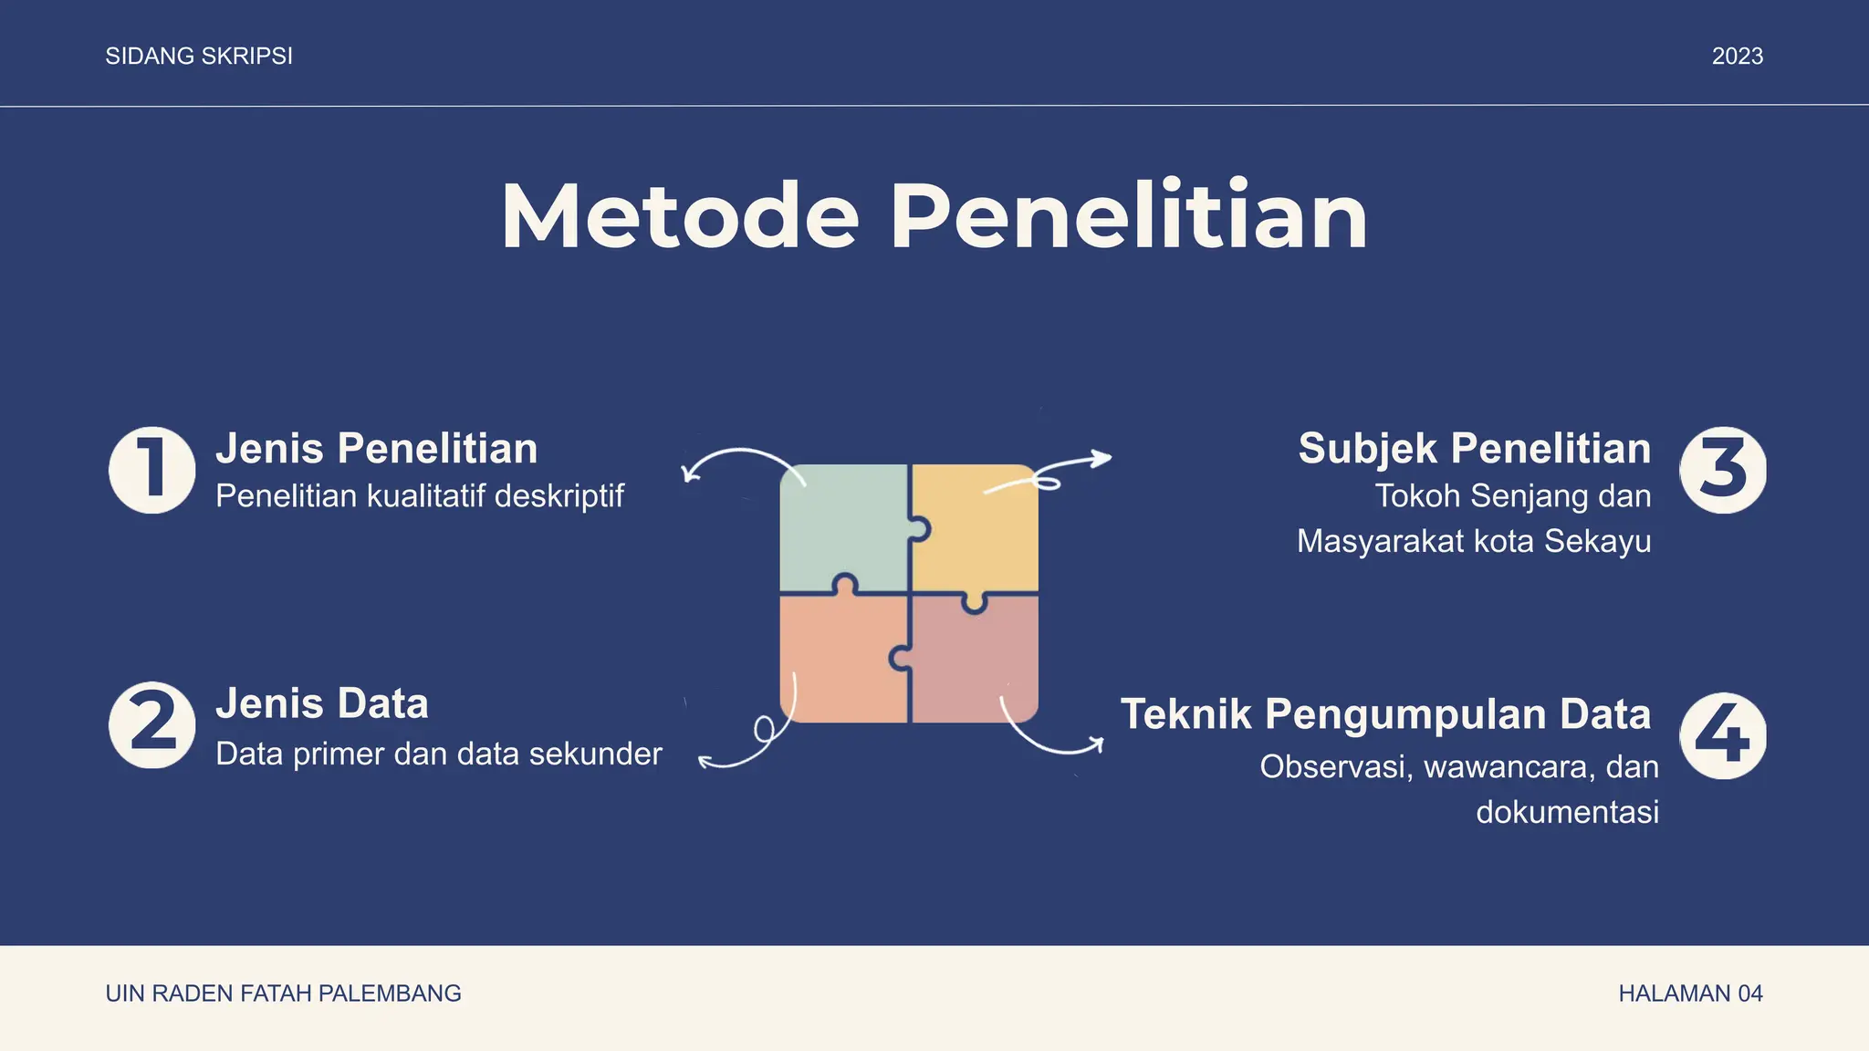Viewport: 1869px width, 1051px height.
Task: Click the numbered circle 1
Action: pos(151,470)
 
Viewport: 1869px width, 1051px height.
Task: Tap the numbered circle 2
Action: pos(151,725)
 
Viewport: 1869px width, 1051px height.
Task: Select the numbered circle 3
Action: pos(1722,470)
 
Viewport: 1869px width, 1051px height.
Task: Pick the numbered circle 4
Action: pos(1722,736)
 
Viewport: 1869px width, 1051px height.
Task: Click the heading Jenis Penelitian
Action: pos(376,449)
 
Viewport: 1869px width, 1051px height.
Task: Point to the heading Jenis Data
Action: pos(321,704)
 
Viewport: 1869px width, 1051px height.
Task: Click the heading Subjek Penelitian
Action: pos(1474,449)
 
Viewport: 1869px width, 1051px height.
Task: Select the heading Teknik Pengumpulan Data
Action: pos(1385,714)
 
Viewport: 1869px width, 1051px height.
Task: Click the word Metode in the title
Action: pos(680,217)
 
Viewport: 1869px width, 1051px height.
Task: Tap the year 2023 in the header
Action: pos(1737,57)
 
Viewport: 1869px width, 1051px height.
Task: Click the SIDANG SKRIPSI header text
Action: pos(199,57)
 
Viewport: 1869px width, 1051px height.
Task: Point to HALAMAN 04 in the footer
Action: pos(1690,994)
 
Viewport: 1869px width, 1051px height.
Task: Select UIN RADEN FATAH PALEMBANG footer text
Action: pos(283,994)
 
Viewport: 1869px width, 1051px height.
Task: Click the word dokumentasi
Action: pos(1567,812)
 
